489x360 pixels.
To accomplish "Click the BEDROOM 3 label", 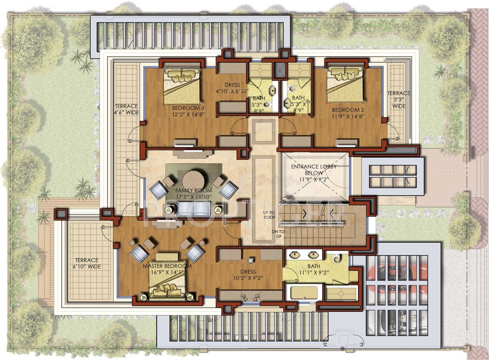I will click(x=188, y=108).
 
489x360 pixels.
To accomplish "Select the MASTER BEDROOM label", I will click(x=166, y=266).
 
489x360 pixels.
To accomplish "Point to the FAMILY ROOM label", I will click(x=193, y=191).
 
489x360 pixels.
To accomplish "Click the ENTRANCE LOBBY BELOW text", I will click(x=314, y=167).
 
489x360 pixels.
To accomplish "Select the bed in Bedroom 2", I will click(x=345, y=83).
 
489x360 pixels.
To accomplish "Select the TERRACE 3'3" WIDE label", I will click(x=398, y=100).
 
